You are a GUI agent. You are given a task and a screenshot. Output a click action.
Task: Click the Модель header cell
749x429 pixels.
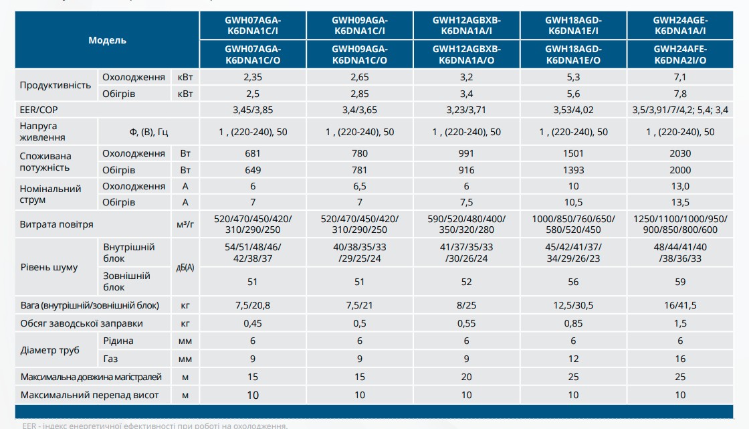pos(107,40)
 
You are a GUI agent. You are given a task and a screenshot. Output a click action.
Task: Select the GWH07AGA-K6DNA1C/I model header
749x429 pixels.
pos(253,25)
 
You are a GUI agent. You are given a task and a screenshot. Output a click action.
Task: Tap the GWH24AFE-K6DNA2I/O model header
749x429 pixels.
pos(680,54)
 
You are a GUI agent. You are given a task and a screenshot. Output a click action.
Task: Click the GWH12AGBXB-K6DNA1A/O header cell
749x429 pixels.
pos(466,54)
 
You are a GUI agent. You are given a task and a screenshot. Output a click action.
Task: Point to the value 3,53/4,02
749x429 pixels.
pos(573,109)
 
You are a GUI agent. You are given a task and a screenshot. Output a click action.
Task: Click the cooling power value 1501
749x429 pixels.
pos(573,154)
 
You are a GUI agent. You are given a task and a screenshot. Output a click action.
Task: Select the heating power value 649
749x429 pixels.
pos(253,171)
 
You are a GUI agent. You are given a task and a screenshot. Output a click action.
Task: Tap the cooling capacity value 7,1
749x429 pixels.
pos(680,77)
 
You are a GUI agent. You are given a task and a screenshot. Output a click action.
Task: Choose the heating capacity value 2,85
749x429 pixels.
pos(360,94)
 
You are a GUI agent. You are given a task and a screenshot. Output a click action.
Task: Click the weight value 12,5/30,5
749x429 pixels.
pos(573,306)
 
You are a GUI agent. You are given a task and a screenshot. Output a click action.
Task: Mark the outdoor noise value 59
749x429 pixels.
pos(680,282)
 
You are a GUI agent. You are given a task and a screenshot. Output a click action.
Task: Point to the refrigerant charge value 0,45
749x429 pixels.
pos(253,323)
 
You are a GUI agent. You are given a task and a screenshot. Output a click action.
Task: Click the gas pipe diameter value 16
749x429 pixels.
pos(680,359)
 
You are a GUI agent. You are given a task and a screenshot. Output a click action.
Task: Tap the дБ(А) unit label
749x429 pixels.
pos(185,268)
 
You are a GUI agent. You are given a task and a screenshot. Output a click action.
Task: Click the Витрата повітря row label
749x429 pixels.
pos(57,225)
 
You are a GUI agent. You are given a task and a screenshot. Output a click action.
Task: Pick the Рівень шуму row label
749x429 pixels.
pos(49,268)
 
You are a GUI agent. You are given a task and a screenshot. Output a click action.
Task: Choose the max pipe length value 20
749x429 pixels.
pos(466,377)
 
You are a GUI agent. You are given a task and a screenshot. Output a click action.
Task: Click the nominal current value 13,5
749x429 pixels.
pos(680,202)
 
